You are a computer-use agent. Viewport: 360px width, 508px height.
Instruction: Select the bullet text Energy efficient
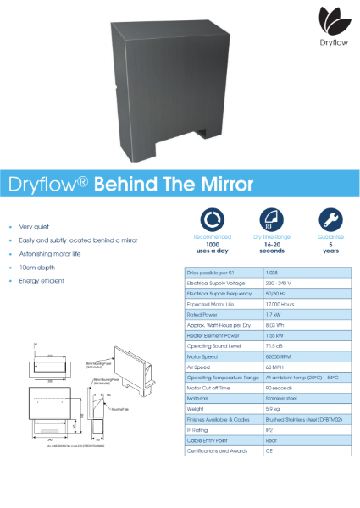pyautogui.click(x=42, y=280)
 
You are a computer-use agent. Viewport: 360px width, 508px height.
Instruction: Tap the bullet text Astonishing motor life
pyautogui.click(x=52, y=254)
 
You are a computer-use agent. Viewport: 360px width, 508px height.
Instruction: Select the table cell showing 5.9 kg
pyautogui.click(x=273, y=408)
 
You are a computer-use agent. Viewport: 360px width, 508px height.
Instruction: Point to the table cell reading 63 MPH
pyautogui.click(x=274, y=367)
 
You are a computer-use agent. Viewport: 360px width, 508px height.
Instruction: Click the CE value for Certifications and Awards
pyautogui.click(x=269, y=450)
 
